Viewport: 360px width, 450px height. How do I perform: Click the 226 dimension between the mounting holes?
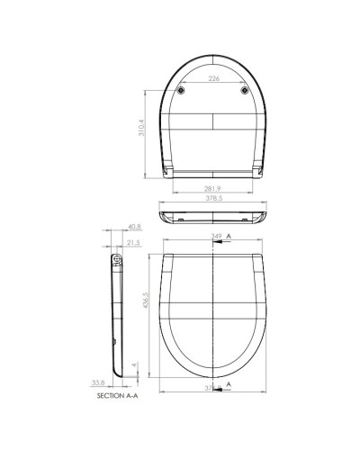[x=214, y=79]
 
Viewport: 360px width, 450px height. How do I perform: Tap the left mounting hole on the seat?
[x=182, y=91]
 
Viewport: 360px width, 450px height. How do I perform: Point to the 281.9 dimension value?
[x=214, y=190]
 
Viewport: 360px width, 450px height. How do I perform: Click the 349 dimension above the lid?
[x=216, y=236]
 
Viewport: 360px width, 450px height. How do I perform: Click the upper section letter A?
[x=229, y=236]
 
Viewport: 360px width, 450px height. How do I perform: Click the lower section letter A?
[x=229, y=384]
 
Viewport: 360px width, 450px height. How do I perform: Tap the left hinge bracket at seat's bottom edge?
[x=168, y=168]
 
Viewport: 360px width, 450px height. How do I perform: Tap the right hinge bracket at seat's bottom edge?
[x=258, y=168]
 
